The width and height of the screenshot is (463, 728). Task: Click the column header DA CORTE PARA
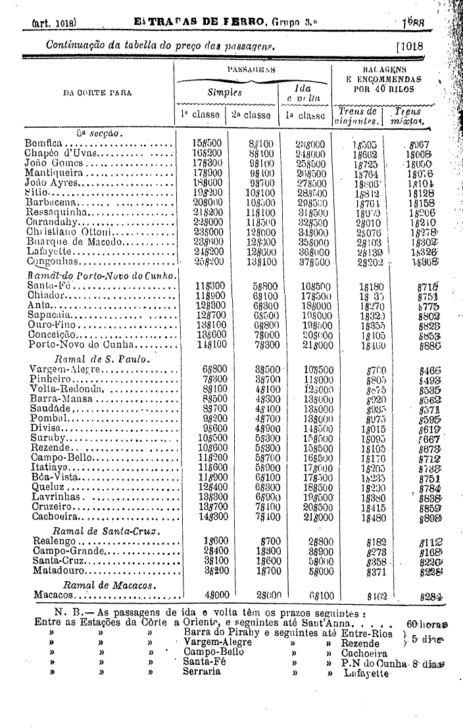click(97, 92)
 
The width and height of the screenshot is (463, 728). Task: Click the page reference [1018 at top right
click(410, 46)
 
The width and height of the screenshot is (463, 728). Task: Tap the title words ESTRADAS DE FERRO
click(200, 22)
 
